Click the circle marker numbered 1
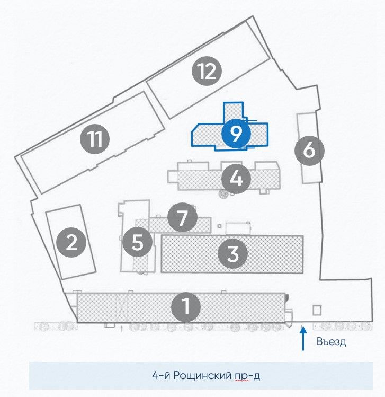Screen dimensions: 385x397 186,307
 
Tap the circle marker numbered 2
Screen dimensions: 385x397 71,243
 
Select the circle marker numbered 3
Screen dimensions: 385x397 232,253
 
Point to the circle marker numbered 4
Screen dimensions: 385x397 236,179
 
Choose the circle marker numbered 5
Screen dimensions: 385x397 137,242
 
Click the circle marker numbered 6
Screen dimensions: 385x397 309,151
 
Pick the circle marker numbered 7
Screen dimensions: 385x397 182,217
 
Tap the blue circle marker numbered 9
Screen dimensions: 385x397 236,134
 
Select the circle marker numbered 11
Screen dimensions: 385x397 95,139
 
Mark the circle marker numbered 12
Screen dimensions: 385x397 207,71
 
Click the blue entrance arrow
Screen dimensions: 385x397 303,338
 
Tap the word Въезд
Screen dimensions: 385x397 331,341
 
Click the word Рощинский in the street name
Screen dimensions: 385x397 202,375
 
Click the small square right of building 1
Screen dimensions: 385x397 317,310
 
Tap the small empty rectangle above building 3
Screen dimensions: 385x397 238,228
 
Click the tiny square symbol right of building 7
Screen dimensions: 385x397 220,226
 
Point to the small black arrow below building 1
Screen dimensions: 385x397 122,329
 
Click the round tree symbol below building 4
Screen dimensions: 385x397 223,193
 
